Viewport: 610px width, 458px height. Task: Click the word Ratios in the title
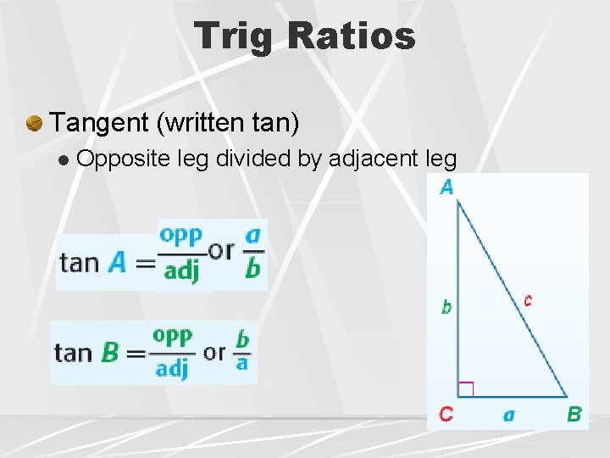tap(351, 36)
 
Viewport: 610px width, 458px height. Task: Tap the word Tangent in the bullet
tap(99, 123)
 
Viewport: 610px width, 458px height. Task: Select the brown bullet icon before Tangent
tap(34, 124)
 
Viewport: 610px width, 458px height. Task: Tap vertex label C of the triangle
tap(446, 415)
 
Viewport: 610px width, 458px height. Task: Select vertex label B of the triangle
tap(574, 415)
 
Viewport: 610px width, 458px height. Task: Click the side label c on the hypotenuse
tap(528, 299)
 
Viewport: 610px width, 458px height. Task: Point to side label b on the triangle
tap(446, 307)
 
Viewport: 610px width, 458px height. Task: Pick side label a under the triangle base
tap(508, 415)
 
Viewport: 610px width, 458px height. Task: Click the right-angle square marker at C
tap(465, 389)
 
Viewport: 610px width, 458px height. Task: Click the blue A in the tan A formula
tap(117, 262)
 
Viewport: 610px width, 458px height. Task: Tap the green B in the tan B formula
tap(110, 352)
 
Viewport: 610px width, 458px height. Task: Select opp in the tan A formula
tap(181, 234)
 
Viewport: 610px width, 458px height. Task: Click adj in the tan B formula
tap(172, 369)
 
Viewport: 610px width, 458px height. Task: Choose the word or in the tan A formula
tap(221, 250)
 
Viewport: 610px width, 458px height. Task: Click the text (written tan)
tap(228, 123)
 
